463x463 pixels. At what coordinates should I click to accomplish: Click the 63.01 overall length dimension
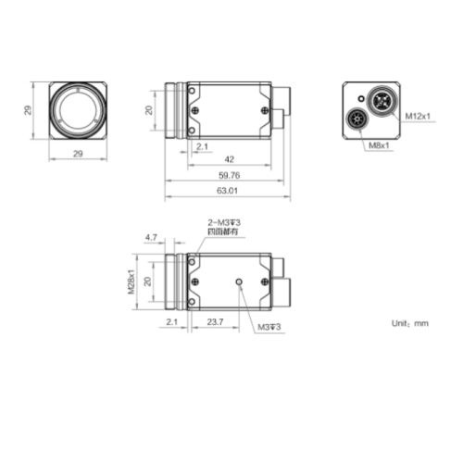[x=226, y=191]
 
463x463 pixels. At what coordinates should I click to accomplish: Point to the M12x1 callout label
[x=419, y=117]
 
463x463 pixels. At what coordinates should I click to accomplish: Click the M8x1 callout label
[x=379, y=145]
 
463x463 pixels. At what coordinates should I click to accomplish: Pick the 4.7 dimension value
[x=152, y=238]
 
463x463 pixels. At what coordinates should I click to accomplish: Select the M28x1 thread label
[x=131, y=280]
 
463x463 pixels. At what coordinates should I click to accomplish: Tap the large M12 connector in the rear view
[x=381, y=98]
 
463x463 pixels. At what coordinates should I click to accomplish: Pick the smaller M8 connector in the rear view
[x=357, y=119]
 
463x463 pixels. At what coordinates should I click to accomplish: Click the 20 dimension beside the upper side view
[x=150, y=110]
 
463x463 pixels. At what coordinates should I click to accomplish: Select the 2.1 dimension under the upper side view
[x=202, y=146]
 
